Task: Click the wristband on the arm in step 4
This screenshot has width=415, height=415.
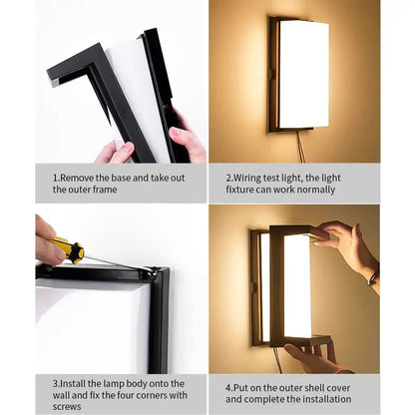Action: tap(372, 278)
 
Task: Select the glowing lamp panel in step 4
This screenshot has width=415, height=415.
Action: tap(296, 285)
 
